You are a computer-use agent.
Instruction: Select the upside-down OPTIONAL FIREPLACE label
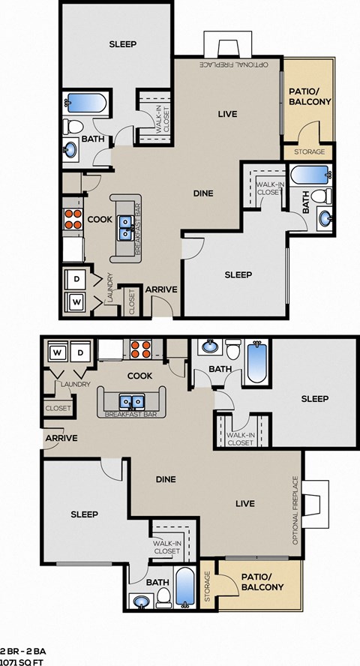click(233, 65)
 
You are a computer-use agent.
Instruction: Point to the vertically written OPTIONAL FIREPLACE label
click(296, 510)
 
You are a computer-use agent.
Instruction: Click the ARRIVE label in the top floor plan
click(160, 289)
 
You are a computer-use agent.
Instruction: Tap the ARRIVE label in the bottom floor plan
click(61, 439)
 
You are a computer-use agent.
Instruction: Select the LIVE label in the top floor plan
click(227, 114)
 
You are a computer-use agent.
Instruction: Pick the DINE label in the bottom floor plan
click(166, 479)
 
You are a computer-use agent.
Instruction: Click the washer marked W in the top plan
click(76, 302)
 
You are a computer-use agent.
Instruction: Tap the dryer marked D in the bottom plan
click(82, 352)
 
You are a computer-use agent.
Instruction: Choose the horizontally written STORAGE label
click(309, 152)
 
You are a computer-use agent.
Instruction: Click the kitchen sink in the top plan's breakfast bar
click(125, 226)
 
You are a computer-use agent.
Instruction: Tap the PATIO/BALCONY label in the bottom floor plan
click(262, 582)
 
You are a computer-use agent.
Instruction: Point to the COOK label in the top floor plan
click(100, 220)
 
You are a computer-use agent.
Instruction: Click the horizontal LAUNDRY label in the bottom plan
click(76, 385)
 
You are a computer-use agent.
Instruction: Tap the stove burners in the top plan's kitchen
click(73, 218)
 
